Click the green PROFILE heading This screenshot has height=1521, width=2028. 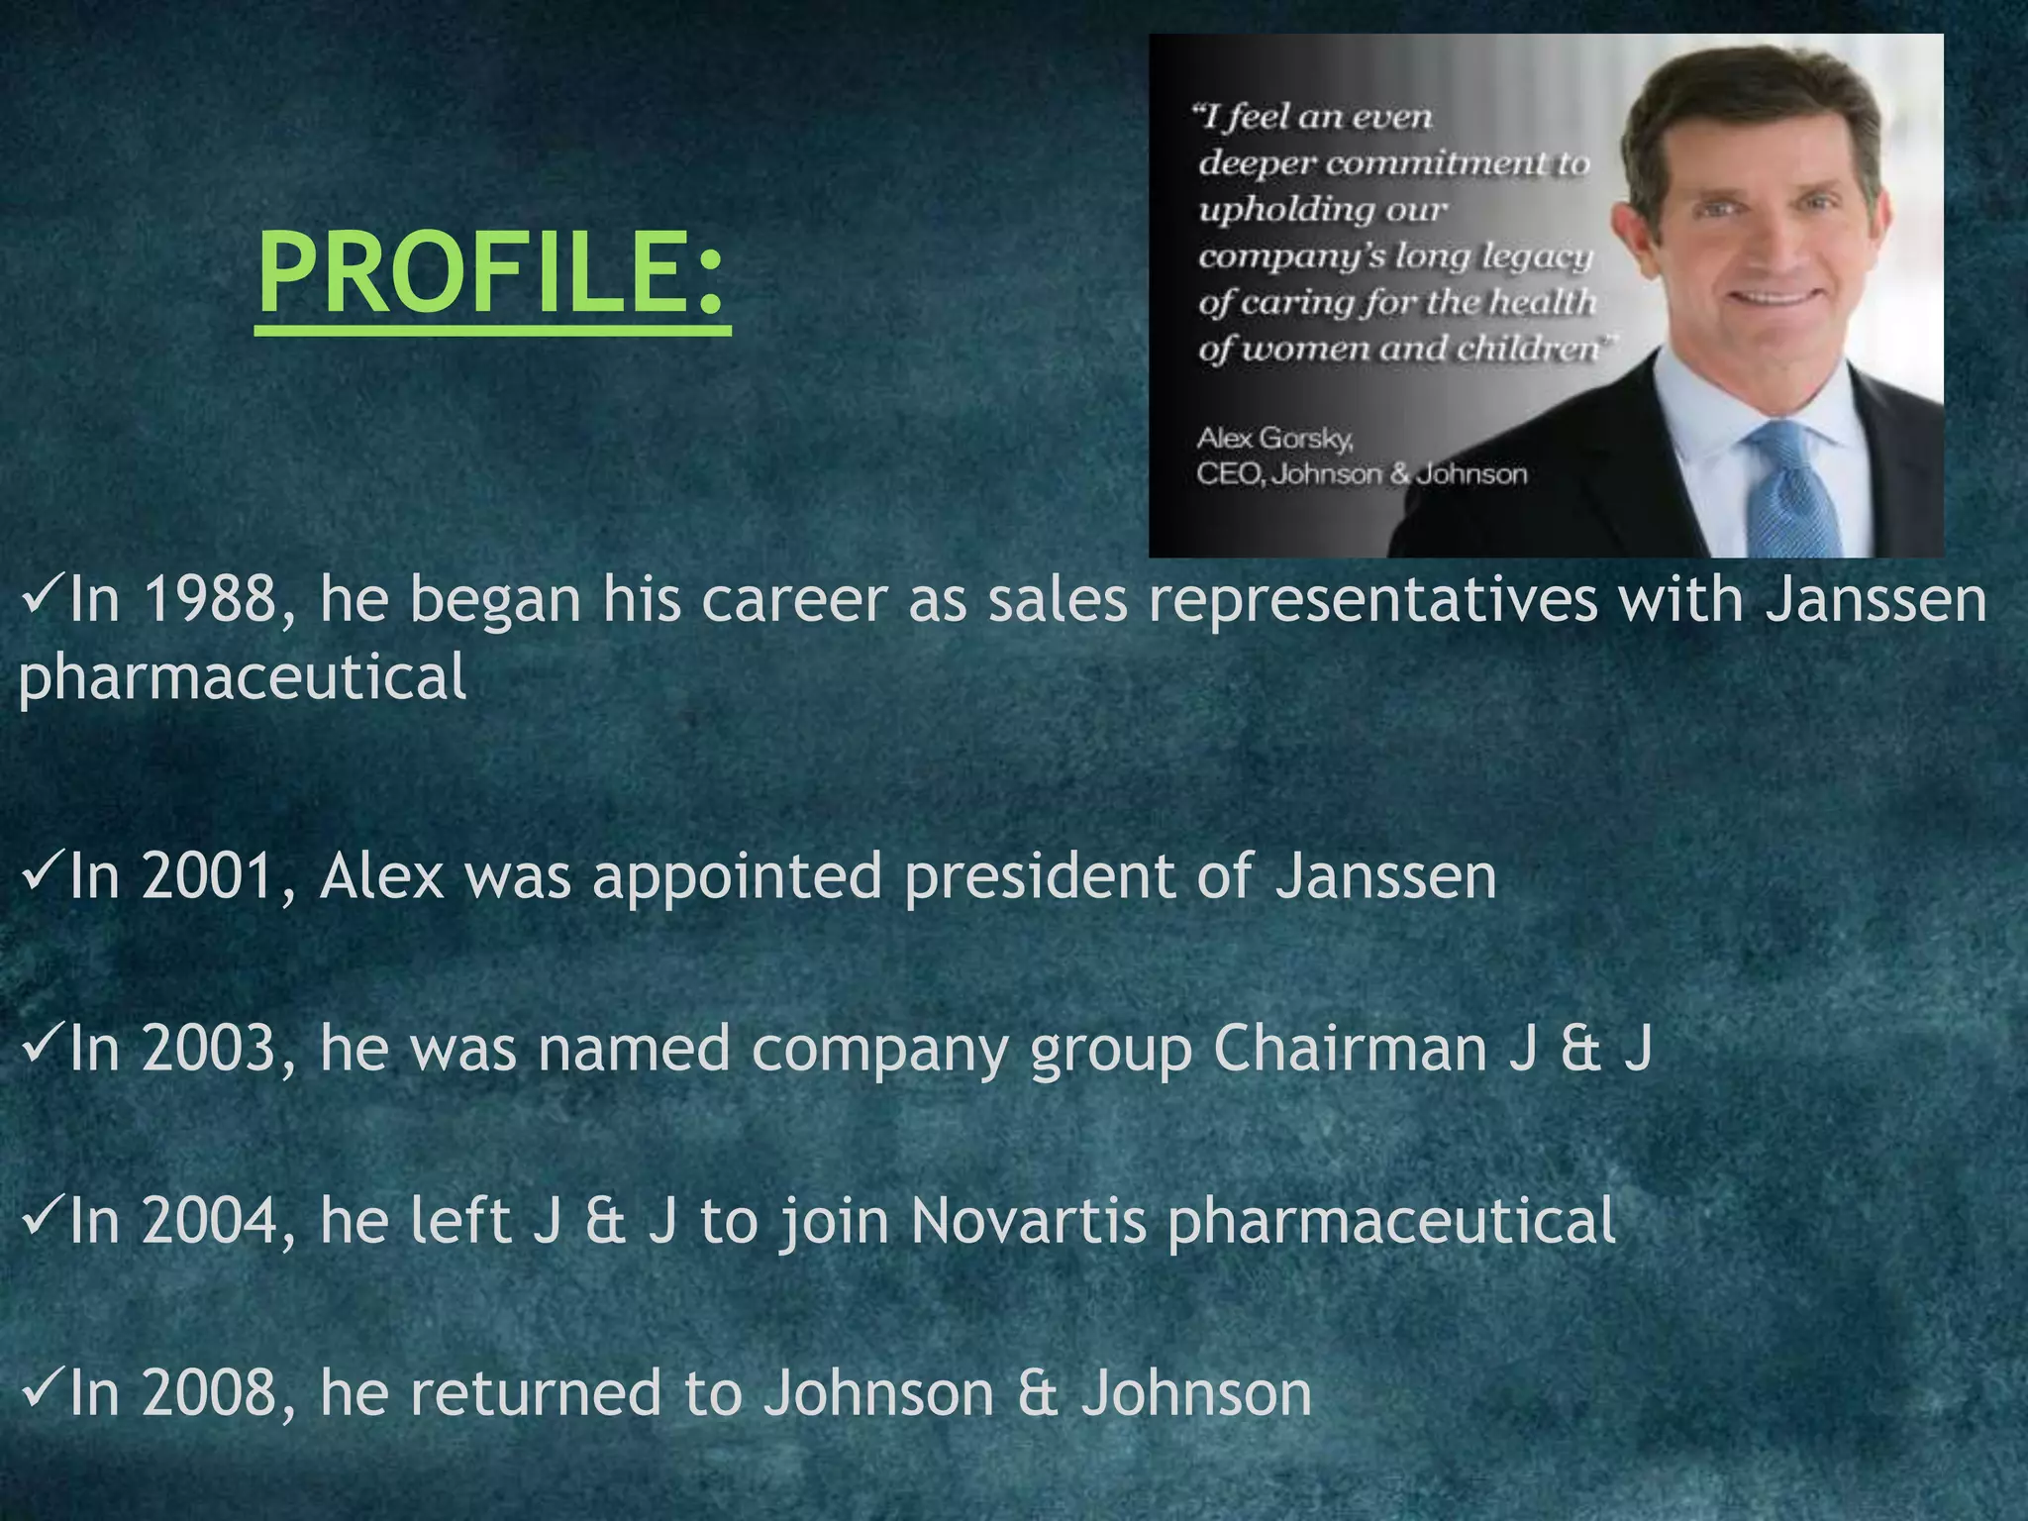pyautogui.click(x=492, y=272)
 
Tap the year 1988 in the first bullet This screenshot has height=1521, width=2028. pyautogui.click(x=210, y=600)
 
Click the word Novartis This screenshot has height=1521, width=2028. pyautogui.click(x=1028, y=1221)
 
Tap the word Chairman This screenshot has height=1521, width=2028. pyautogui.click(x=1349, y=1050)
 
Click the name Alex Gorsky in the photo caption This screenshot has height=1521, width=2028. pyautogui.click(x=1274, y=438)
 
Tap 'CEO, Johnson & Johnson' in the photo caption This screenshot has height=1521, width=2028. pyautogui.click(x=1362, y=474)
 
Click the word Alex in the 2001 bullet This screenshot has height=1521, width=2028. pyautogui.click(x=381, y=877)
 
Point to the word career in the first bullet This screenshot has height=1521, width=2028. pyautogui.click(x=793, y=602)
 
